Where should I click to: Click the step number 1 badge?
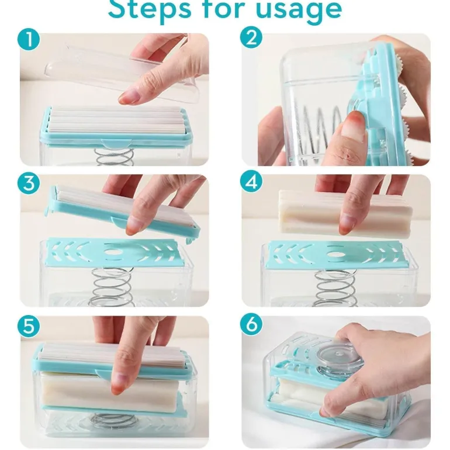pos(29,40)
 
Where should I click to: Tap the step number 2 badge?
pos(251,39)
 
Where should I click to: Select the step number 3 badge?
pos(29,183)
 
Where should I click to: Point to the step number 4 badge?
pos(251,182)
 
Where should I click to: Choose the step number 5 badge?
pos(29,327)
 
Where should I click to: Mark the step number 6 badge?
pos(251,324)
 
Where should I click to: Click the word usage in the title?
pos(299,10)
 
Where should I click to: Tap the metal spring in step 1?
pos(115,157)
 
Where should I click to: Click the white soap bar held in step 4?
pos(344,212)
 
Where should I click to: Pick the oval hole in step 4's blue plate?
pos(337,254)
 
